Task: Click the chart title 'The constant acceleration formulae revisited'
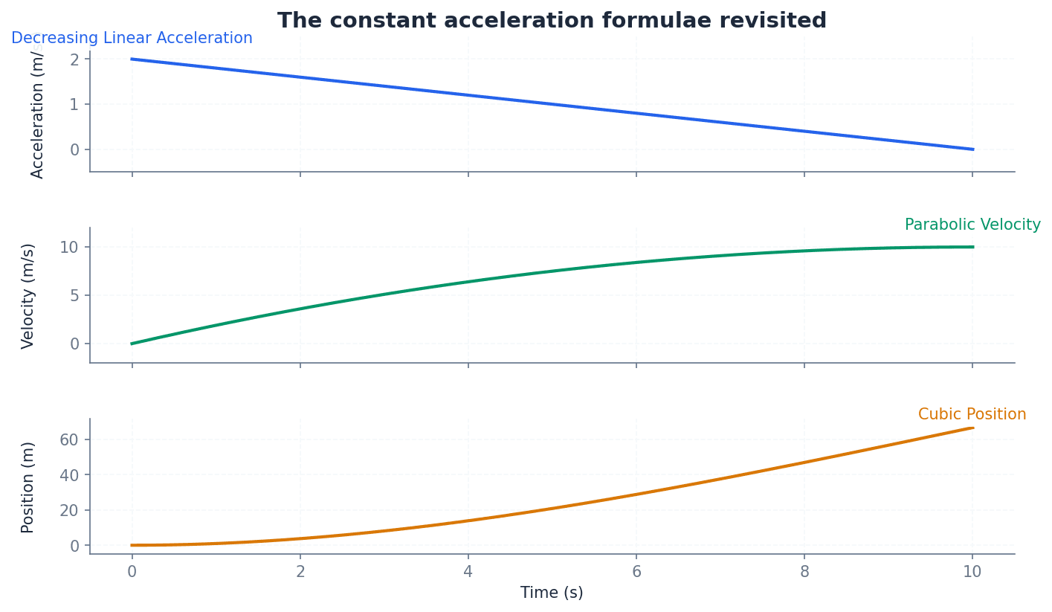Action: tap(552, 21)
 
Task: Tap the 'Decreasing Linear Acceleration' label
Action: tap(132, 39)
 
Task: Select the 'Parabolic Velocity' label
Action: tap(972, 225)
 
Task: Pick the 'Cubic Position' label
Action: tap(972, 415)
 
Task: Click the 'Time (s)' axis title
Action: tap(552, 593)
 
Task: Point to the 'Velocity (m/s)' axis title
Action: tap(28, 295)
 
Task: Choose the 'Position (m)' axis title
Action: tap(28, 487)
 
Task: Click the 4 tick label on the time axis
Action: tap(468, 572)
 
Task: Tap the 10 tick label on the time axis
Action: tap(972, 572)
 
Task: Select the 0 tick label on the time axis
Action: tap(132, 572)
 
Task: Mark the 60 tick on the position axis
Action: tap(69, 439)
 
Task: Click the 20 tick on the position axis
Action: tap(69, 511)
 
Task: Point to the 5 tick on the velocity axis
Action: tap(74, 295)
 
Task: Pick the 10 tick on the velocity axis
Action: tap(69, 247)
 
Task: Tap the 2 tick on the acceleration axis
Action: tap(74, 59)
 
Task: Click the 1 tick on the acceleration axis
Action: tap(74, 104)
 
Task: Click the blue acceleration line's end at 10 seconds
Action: tap(972, 149)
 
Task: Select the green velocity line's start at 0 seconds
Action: tap(132, 344)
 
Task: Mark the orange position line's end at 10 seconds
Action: tap(972, 428)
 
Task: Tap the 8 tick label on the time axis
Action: tap(804, 572)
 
